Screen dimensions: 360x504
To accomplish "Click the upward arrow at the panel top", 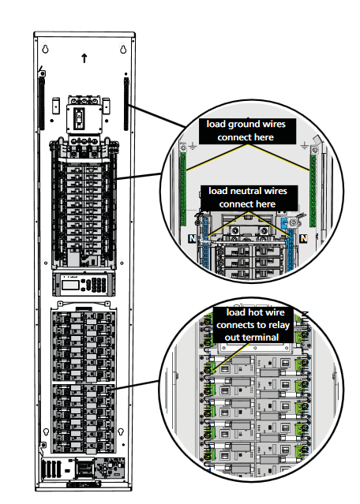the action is point(84,58).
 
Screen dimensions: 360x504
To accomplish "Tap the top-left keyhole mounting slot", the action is point(45,49).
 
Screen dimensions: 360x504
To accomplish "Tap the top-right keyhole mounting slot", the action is point(123,49).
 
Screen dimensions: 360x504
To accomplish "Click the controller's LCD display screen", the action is point(70,285).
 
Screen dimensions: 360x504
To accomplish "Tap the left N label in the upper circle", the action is point(192,238).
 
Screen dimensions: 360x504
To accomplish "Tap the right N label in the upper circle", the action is point(303,238).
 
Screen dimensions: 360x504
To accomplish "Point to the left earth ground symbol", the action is point(193,147).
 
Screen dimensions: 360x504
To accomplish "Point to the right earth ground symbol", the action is point(304,147).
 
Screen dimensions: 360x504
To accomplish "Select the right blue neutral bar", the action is point(291,248).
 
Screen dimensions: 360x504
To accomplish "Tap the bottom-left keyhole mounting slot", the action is point(46,431).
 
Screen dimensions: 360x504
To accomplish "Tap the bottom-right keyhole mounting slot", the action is point(121,431).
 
